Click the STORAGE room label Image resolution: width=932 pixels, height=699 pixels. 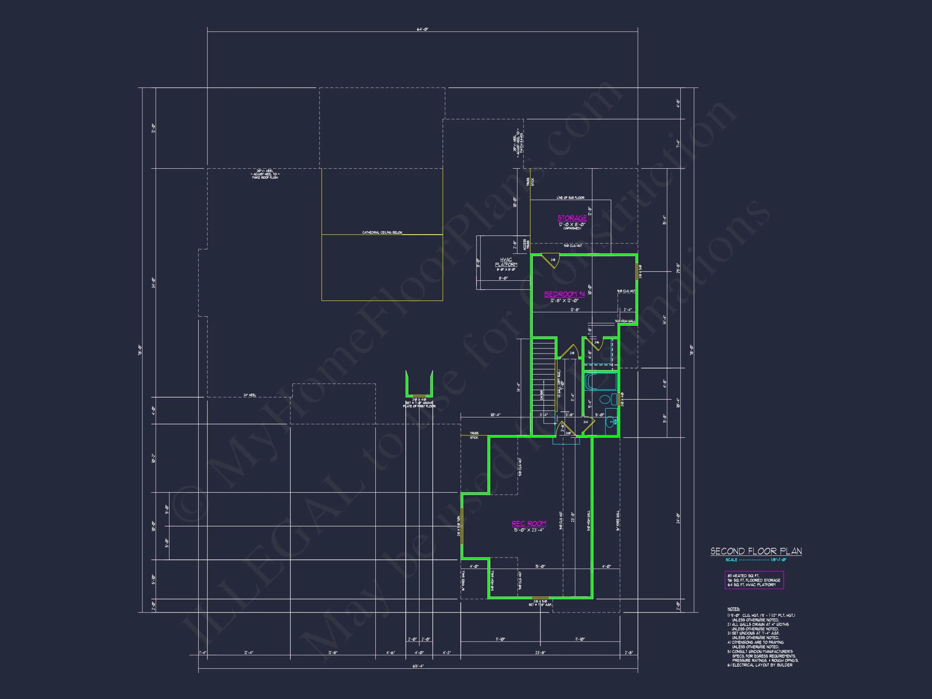[x=572, y=218]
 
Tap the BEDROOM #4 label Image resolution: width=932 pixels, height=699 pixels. [x=564, y=294]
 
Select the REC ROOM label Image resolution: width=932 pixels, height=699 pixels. [x=529, y=523]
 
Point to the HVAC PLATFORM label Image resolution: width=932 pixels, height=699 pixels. [x=506, y=262]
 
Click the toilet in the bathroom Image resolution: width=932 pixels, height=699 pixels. [x=605, y=399]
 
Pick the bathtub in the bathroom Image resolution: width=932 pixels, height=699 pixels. [x=601, y=382]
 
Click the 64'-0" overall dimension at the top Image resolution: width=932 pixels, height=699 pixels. [x=423, y=30]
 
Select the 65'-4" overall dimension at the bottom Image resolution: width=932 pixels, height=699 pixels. [x=417, y=666]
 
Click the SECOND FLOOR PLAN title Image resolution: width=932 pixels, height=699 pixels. [x=756, y=551]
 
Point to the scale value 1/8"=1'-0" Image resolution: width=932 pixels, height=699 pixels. [x=779, y=560]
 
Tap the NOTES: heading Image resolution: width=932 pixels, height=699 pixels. [x=733, y=609]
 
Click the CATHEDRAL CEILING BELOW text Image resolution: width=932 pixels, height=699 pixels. [x=382, y=233]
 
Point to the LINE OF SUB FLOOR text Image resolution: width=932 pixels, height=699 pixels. [x=570, y=198]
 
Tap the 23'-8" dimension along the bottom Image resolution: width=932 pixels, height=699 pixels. [x=540, y=652]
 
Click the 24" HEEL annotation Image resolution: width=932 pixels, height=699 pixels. [x=250, y=395]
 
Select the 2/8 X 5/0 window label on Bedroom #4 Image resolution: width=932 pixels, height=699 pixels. [x=640, y=271]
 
